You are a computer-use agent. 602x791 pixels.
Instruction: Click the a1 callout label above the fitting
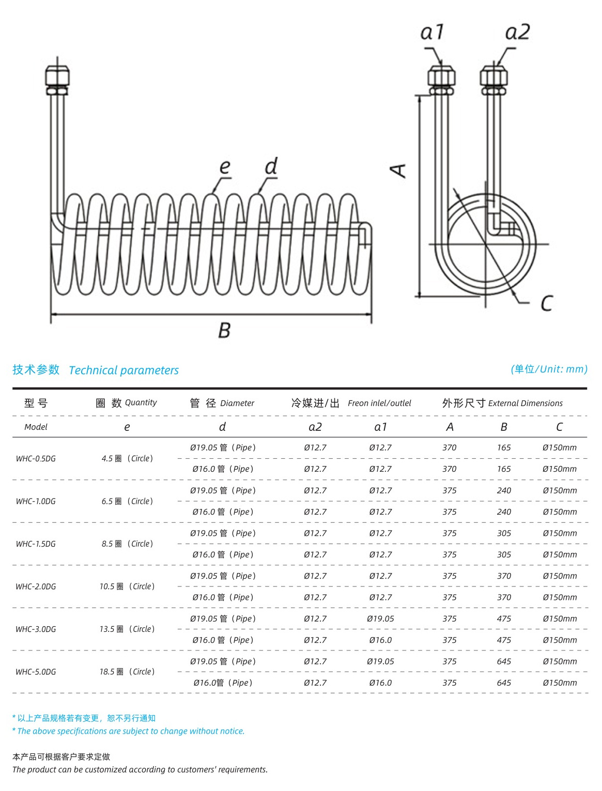coord(432,32)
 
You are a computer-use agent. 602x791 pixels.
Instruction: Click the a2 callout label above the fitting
coord(517,32)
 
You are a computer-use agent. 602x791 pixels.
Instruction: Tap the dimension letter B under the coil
coord(224,330)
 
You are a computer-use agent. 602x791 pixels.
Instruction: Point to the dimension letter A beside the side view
coord(398,170)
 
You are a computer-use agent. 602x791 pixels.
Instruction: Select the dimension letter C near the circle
coord(547,303)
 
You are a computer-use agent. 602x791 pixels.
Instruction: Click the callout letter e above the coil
coord(224,166)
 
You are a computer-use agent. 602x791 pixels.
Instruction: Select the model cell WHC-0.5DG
coord(36,459)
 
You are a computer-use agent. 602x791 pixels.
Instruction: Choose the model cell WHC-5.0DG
coord(36,672)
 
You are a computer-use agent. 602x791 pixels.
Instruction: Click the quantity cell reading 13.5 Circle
coord(127,629)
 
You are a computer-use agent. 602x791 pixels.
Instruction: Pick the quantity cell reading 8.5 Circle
coord(127,544)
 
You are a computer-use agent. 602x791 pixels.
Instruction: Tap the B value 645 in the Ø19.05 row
coord(504,661)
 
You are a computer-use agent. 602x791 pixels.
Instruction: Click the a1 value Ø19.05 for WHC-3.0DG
coord(380,618)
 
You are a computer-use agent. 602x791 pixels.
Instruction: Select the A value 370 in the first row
coord(450,447)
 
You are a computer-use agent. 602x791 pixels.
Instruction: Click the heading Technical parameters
coord(124,370)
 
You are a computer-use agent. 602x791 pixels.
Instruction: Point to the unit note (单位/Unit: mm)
coord(549,369)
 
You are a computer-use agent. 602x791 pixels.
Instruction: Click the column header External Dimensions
coord(525,403)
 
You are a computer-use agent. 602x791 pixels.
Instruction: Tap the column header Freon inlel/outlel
coord(379,403)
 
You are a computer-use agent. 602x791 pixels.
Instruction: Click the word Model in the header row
coord(36,427)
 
